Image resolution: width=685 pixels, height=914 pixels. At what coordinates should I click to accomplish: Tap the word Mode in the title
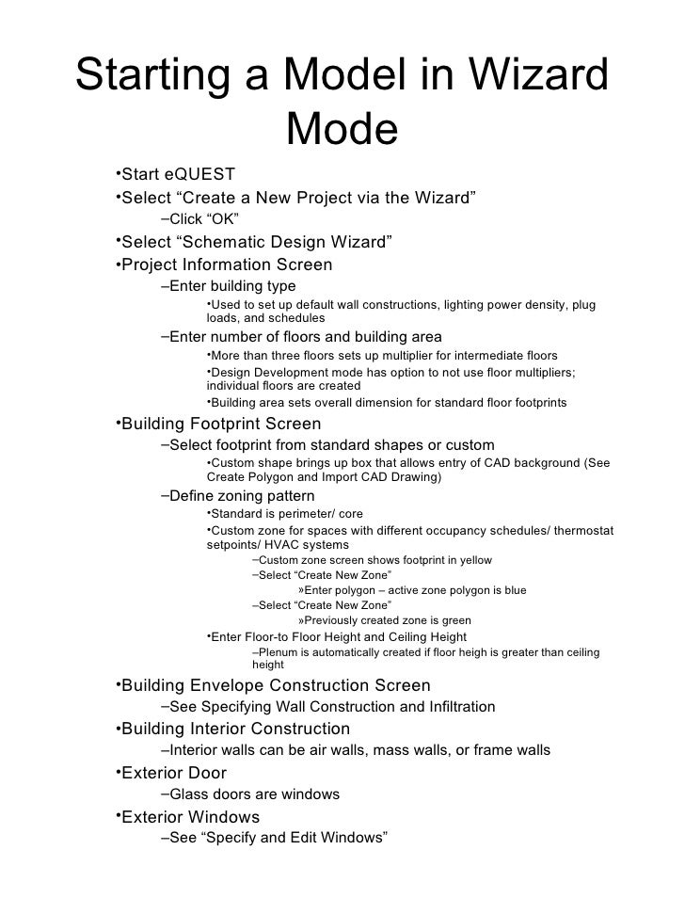(x=342, y=131)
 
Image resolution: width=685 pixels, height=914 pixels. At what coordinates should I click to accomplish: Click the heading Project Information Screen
(x=227, y=265)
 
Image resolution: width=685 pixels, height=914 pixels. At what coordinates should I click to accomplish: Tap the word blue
(x=513, y=590)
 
